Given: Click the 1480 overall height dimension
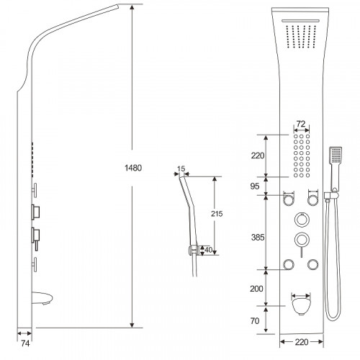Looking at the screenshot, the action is pos(133,168).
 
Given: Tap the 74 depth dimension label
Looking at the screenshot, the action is pos(25,343).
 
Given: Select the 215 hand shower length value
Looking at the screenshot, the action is pos(217,214).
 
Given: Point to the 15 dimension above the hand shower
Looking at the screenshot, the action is pos(181,168).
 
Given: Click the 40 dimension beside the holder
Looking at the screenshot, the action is pos(208,250).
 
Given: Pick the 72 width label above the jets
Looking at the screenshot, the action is pos(301,124).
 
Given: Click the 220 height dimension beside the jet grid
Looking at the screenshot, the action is pos(258,156).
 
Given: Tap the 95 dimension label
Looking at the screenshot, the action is pos(255,186).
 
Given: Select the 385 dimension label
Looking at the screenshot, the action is pos(258,238).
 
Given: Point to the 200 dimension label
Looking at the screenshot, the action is pos(256,289).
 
